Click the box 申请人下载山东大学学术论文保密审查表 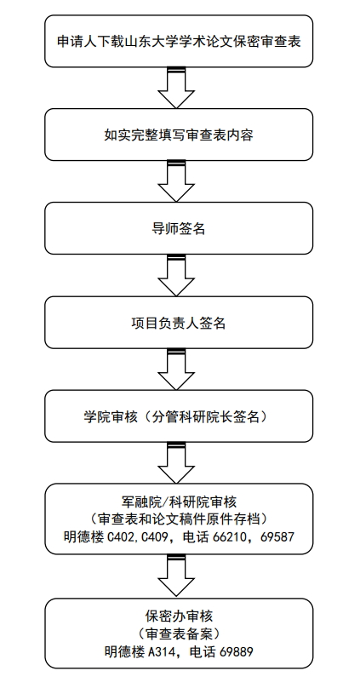(179, 41)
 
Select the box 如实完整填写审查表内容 (179, 135)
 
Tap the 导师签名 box (179, 228)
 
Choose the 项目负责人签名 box (179, 323)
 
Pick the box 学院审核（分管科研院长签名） (179, 416)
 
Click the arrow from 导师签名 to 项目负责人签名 (176, 275)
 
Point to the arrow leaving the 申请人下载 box (176, 88)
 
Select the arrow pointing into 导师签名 (176, 181)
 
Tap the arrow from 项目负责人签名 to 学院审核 (176, 369)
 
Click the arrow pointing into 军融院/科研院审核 (176, 463)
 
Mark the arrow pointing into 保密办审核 (176, 576)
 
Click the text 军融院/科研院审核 (179, 501)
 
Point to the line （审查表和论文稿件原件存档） (179, 519)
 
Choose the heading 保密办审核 (179, 616)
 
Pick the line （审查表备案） (179, 634)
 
